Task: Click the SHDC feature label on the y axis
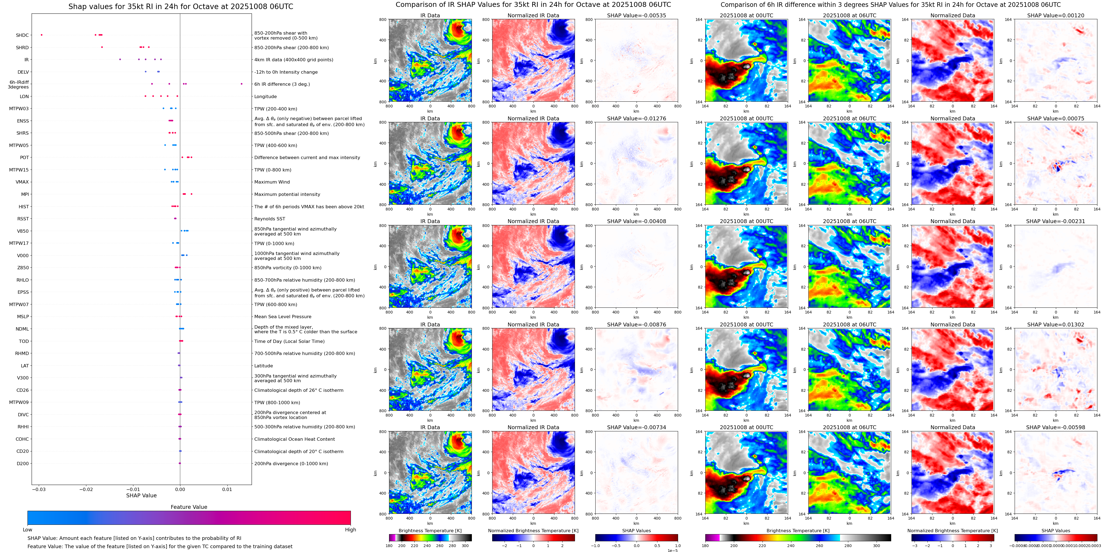tap(22, 35)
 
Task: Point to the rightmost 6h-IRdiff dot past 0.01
tap(242, 84)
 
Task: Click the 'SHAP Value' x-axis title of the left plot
tap(141, 495)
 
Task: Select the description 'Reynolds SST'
tap(269, 219)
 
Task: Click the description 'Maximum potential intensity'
tap(287, 195)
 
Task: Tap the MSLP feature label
tap(23, 317)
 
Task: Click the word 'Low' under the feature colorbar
tap(27, 530)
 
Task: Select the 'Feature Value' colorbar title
tap(189, 507)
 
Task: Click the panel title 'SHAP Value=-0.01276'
tap(637, 119)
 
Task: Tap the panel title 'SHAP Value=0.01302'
tap(1056, 324)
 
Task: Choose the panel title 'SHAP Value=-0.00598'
tap(1056, 427)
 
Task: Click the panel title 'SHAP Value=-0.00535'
tap(637, 15)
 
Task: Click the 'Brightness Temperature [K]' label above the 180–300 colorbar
tap(430, 531)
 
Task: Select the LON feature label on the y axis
tap(24, 97)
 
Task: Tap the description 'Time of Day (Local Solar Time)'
tap(289, 341)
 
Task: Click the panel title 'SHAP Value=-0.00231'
tap(1056, 221)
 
